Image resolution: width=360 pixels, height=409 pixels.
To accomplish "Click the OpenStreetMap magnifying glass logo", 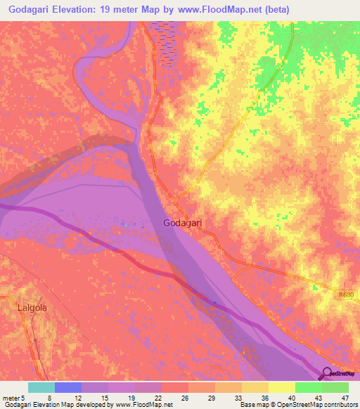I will pyautogui.click(x=328, y=374).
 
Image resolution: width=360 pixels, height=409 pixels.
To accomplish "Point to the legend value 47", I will pyautogui.click(x=345, y=397).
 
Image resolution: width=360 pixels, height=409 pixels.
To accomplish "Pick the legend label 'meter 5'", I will pyautogui.click(x=13, y=397).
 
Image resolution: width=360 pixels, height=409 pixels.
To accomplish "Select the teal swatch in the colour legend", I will pyautogui.click(x=41, y=387).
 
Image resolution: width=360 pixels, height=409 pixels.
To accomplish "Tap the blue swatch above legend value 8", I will pyautogui.click(x=68, y=387).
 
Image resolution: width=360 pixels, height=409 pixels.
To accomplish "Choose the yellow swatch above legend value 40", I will pyautogui.click(x=282, y=387).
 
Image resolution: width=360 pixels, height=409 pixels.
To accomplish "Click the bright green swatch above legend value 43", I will pyautogui.click(x=308, y=387).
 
